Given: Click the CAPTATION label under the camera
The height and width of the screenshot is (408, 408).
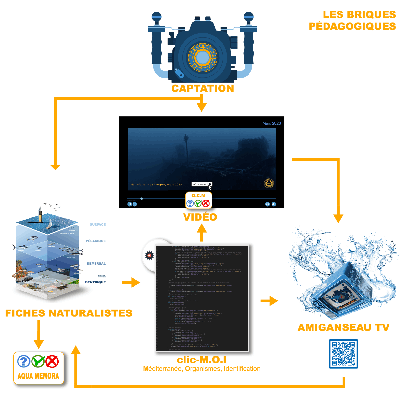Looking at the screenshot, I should coord(203,88).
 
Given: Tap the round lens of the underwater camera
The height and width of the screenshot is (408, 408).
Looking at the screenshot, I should coord(203,58).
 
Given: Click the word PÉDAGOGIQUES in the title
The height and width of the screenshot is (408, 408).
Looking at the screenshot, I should coord(352,26).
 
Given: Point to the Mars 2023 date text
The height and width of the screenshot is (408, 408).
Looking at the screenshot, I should coord(272,123).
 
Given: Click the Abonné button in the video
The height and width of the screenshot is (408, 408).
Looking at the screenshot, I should coord(200,184).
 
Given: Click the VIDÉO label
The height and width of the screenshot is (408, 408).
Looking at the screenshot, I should coord(200,217).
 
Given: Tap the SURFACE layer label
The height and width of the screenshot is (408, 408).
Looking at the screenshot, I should coord(98,224).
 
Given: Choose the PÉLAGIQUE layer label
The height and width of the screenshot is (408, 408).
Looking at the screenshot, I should coord(96,241).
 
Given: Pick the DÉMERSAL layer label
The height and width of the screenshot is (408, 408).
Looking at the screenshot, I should coord(96,264).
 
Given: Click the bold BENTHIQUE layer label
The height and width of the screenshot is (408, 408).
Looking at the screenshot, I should coord(96,282).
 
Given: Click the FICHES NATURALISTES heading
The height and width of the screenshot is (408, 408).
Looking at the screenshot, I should coord(69,313).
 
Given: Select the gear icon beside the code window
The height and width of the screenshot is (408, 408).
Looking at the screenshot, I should coord(149,255).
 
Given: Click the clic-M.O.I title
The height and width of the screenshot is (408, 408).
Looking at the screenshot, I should coord(202,360).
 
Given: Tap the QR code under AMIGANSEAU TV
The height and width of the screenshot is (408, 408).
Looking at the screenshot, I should coord(343,354).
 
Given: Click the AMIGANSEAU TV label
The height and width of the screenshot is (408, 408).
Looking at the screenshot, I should coord(343,327).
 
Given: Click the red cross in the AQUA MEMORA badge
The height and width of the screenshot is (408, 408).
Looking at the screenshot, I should coord(52,361).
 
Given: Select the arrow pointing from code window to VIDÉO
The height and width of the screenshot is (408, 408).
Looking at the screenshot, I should coord(202,232).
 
